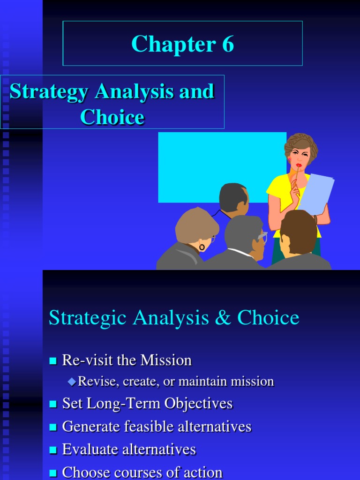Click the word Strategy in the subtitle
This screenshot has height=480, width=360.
coord(49,92)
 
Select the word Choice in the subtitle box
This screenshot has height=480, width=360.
coord(112,117)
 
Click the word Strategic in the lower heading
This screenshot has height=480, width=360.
coord(88,319)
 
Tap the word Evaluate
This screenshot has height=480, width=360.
coord(89,450)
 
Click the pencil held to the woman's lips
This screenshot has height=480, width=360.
coord(295,176)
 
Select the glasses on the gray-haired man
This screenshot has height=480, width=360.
coord(262,237)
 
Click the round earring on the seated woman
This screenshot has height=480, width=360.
coord(202,247)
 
